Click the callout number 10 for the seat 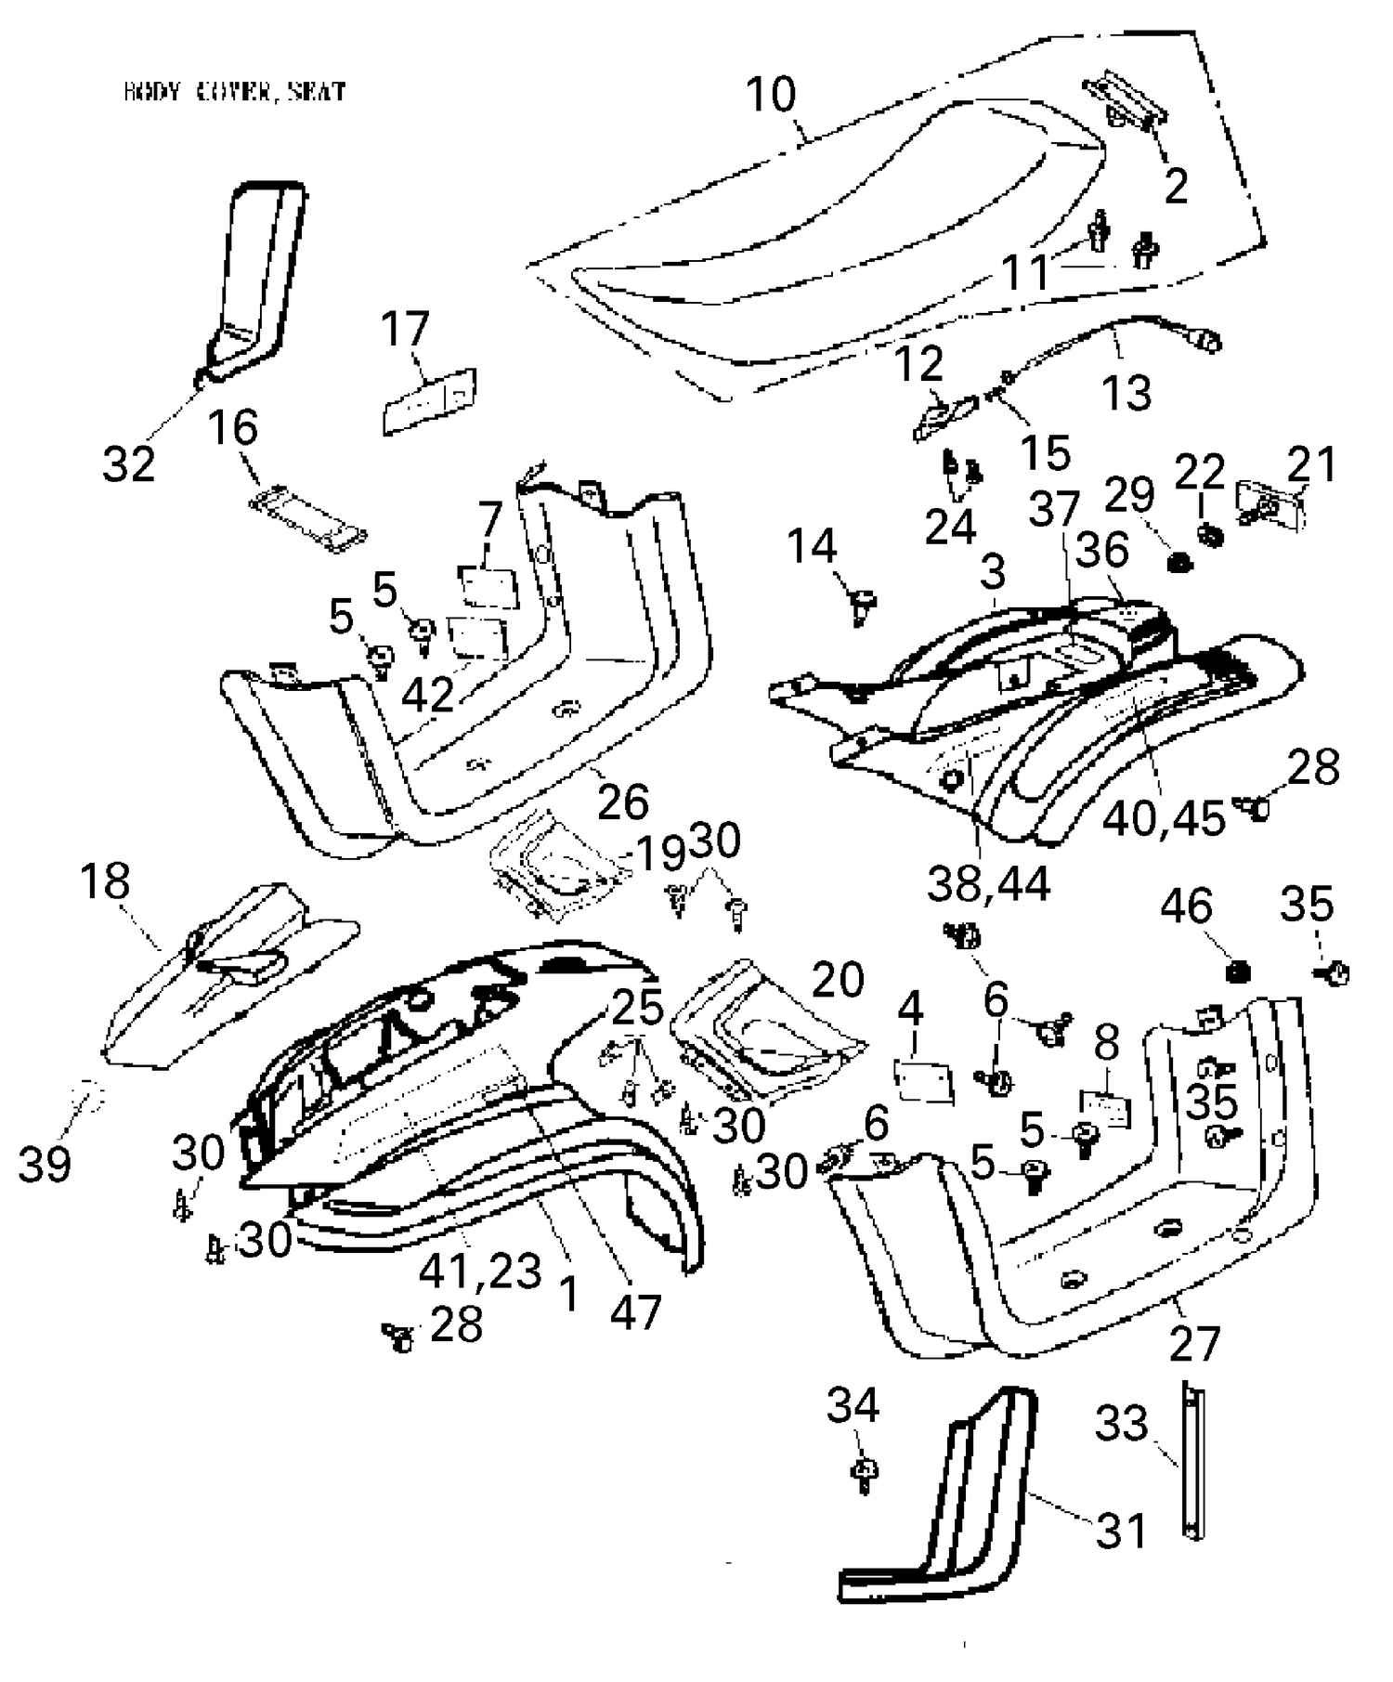[771, 95]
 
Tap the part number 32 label [128, 464]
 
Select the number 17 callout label [406, 330]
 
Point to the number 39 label [45, 1164]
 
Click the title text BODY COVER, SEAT [235, 91]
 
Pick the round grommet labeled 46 [1237, 972]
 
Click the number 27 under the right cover [1193, 1344]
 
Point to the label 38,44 [989, 884]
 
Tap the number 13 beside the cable [1127, 392]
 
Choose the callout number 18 [105, 881]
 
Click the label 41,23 [480, 1271]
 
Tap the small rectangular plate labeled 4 [924, 1081]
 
